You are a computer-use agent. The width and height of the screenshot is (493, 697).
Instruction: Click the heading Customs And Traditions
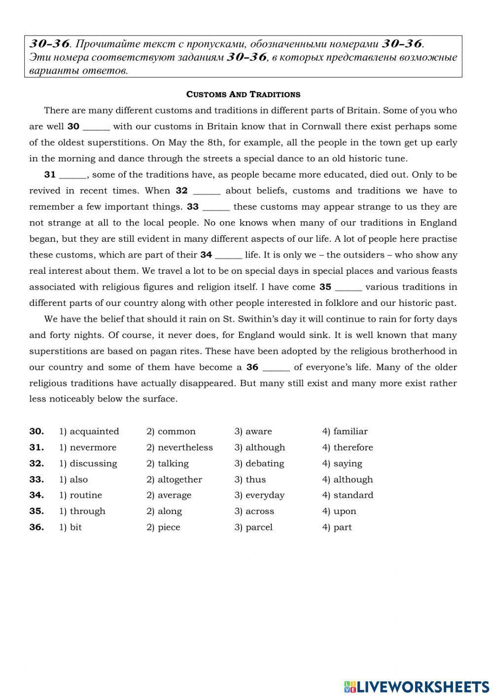pyautogui.click(x=243, y=94)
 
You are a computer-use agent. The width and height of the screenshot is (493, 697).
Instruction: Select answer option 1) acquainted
pyautogui.click(x=89, y=432)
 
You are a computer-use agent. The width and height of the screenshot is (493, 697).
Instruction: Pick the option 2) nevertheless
pyautogui.click(x=179, y=447)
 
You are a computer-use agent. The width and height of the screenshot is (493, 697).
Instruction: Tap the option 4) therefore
pyautogui.click(x=348, y=447)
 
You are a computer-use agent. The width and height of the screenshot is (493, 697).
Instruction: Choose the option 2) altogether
pyautogui.click(x=174, y=479)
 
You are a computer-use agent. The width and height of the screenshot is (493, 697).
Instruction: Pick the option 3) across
pyautogui.click(x=254, y=512)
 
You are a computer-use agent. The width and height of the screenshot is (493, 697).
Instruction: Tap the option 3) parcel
pyautogui.click(x=253, y=527)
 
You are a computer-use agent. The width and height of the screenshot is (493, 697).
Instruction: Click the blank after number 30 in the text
pyautogui.click(x=96, y=127)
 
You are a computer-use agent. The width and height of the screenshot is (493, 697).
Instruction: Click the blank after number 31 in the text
pyautogui.click(x=73, y=175)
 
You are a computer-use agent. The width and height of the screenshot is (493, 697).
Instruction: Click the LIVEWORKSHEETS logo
pyautogui.click(x=417, y=686)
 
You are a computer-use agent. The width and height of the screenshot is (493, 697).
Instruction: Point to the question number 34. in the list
pyautogui.click(x=36, y=495)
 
